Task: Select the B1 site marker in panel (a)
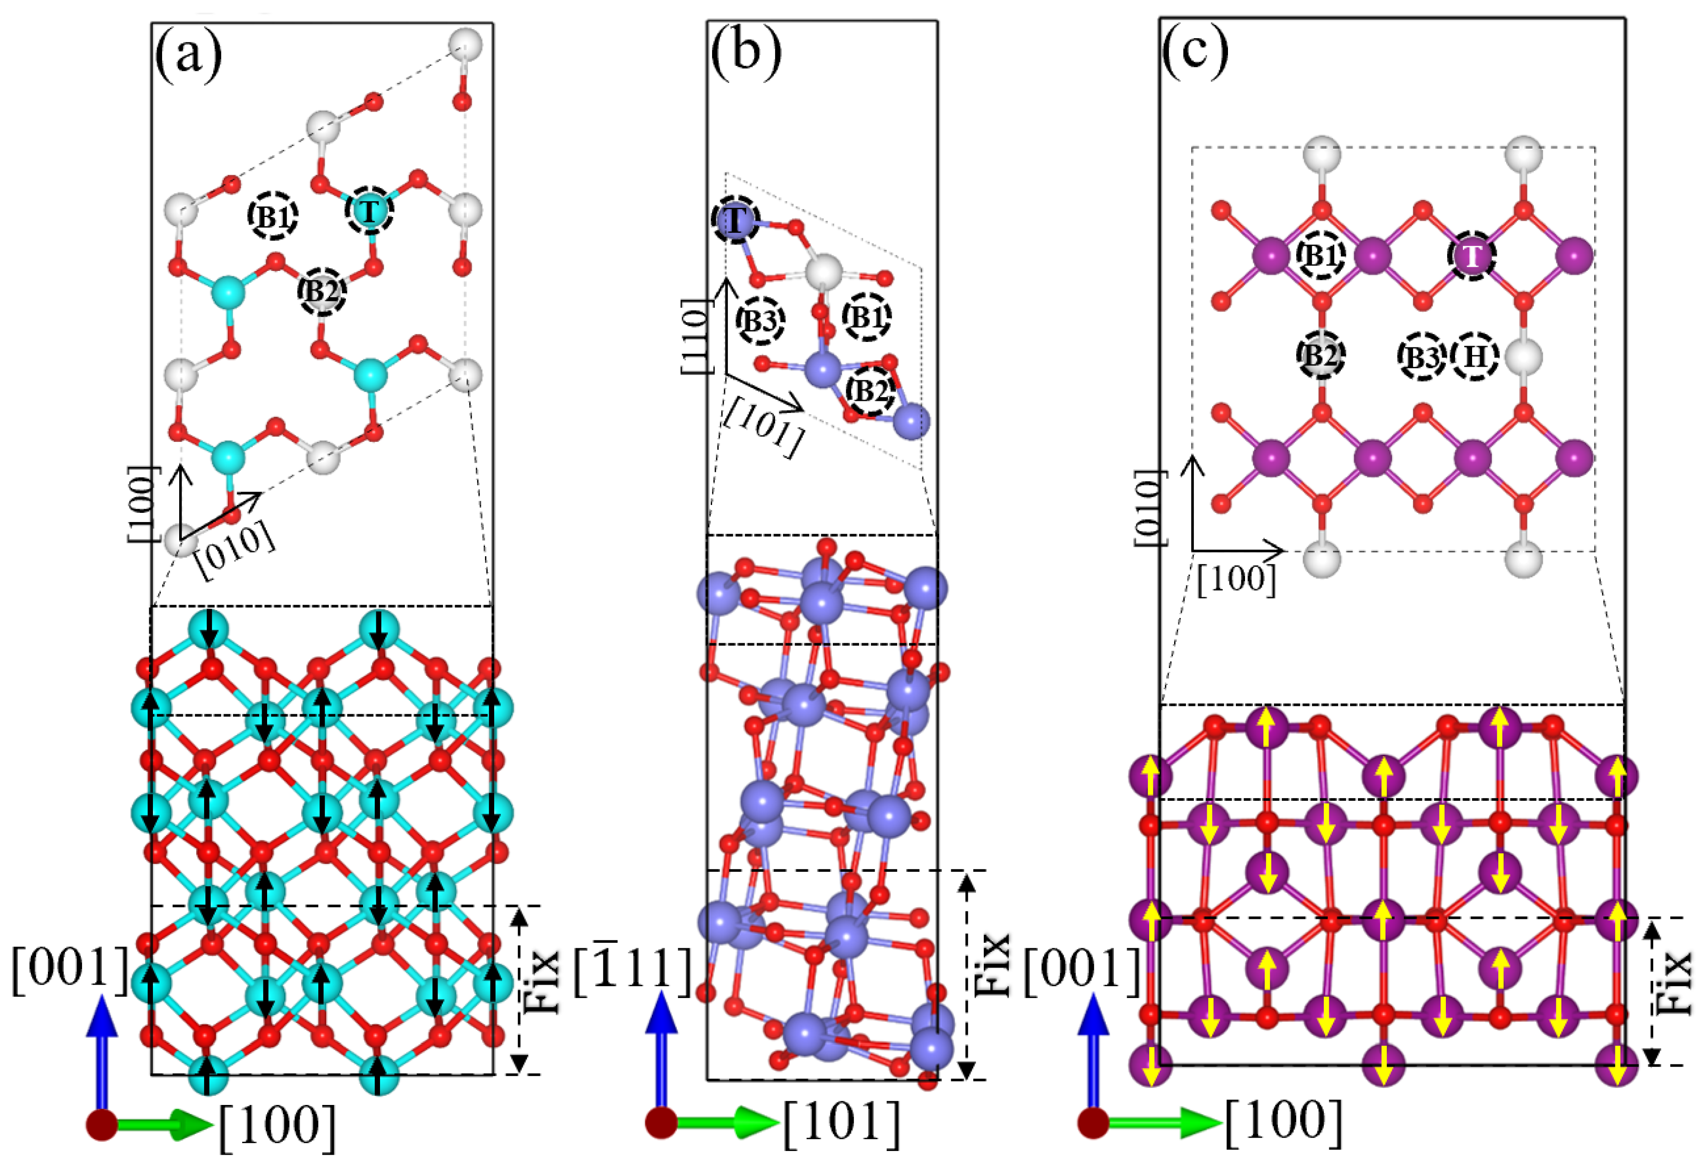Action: click(273, 217)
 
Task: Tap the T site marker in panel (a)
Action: click(369, 211)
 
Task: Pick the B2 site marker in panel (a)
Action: click(322, 291)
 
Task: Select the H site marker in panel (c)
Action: click(1476, 356)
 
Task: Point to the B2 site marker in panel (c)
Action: click(1321, 355)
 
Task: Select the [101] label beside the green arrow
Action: click(842, 1124)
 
